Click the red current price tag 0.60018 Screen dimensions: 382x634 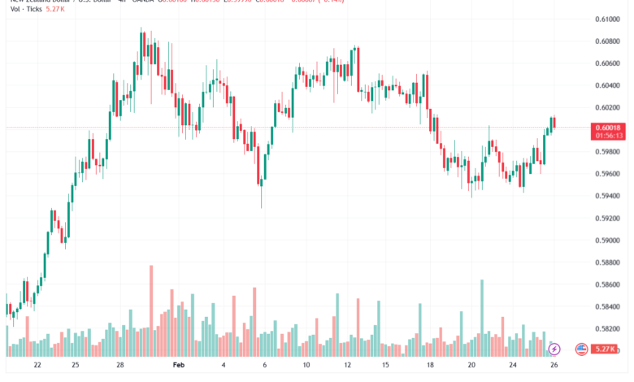608,128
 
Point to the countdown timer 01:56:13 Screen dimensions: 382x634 608,136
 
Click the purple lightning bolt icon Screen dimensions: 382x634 554,349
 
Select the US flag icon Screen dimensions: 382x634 580,349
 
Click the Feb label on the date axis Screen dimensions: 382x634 180,366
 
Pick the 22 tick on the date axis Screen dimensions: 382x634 37,366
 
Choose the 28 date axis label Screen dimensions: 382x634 120,366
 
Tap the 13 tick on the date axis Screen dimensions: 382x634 348,366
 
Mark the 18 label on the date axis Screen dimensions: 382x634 430,366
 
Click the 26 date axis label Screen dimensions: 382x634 554,366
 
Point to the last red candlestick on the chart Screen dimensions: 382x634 554,123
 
